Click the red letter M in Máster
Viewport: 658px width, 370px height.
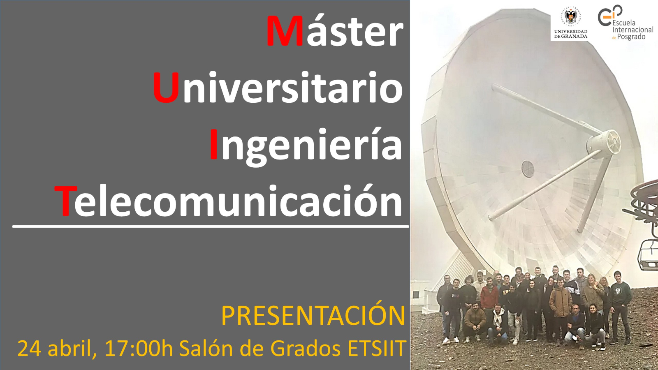(285, 31)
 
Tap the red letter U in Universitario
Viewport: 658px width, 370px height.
(166, 88)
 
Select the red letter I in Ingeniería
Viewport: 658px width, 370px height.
(214, 144)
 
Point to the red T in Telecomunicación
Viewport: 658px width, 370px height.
(66, 201)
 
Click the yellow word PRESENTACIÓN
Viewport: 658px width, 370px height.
(313, 315)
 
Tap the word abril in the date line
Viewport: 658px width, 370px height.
(72, 349)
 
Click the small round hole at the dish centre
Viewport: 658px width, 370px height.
(528, 169)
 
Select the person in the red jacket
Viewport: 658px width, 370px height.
(489, 296)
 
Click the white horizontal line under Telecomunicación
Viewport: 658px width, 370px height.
(211, 227)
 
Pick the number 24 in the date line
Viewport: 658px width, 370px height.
(29, 349)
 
